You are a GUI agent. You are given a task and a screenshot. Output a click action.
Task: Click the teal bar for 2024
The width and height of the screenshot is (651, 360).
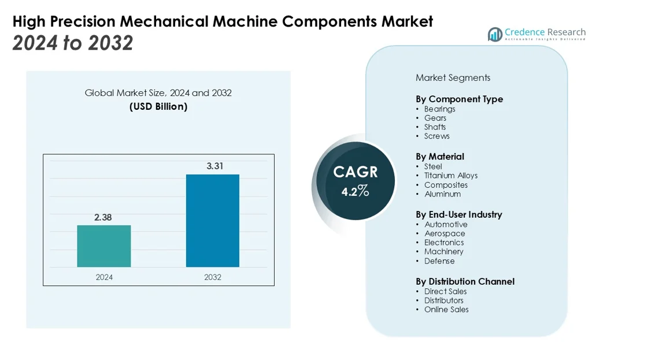tap(104, 246)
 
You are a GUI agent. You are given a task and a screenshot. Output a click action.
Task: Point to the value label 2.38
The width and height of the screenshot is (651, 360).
tap(103, 217)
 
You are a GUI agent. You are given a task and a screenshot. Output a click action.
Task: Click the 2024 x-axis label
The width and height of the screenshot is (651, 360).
tap(104, 277)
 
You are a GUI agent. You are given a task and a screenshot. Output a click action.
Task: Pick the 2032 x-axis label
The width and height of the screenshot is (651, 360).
tap(212, 277)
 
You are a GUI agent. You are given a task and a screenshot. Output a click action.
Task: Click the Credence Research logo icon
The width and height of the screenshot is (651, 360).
tap(494, 35)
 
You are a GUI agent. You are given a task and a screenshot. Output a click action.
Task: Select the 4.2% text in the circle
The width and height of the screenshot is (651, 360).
tap(354, 191)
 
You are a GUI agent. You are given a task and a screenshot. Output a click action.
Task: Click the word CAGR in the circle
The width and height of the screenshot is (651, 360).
tap(355, 172)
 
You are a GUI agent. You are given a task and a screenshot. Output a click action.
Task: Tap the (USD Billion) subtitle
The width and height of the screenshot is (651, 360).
tap(158, 106)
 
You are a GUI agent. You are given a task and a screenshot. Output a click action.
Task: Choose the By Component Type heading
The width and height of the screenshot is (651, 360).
tap(459, 99)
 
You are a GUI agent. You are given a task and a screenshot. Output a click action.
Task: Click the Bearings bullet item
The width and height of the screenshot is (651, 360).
tap(439, 109)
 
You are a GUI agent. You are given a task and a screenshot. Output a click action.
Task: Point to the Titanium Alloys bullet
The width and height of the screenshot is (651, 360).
tap(450, 176)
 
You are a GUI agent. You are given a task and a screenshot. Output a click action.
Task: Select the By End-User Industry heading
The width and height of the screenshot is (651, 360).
tap(458, 214)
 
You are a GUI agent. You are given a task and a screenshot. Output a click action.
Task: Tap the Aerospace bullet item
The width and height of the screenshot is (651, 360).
tap(445, 233)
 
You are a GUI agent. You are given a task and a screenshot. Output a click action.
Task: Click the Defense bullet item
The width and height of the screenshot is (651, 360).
tap(439, 261)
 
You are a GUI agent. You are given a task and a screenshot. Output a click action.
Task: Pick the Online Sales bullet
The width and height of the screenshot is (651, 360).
tap(446, 309)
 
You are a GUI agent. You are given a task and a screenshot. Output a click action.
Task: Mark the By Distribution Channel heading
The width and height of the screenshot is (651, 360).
tap(465, 281)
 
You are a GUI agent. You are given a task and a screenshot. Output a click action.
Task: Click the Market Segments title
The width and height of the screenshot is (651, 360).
tap(453, 77)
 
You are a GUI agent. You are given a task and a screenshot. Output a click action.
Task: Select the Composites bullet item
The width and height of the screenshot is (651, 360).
tap(446, 185)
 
